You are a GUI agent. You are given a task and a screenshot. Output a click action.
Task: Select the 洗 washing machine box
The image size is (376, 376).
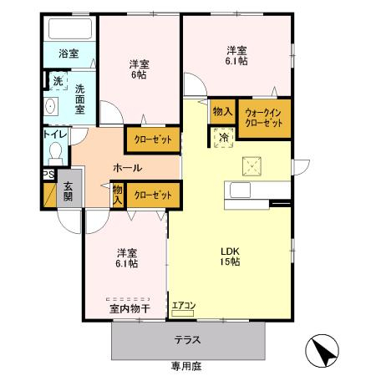coord(57,82)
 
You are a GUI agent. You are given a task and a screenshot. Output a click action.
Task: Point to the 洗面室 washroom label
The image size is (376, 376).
coord(79,98)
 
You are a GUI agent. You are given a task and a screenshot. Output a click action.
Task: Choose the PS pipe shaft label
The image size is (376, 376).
coord(48,175)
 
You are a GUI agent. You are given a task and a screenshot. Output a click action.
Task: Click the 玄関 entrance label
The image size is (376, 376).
coord(68,191)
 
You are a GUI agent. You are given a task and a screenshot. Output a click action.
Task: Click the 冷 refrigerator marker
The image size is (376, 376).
coord(223,137)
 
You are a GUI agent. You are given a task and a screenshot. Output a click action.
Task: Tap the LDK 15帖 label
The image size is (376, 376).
coord(230,256)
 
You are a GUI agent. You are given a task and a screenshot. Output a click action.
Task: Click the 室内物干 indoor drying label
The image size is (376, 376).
coord(129,308)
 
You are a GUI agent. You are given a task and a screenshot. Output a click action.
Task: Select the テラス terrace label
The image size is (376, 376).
coord(187,340)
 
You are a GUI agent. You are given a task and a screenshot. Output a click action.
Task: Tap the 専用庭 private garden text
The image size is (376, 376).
coord(187,366)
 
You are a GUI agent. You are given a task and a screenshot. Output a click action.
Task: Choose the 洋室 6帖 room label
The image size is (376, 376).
coord(139,69)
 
